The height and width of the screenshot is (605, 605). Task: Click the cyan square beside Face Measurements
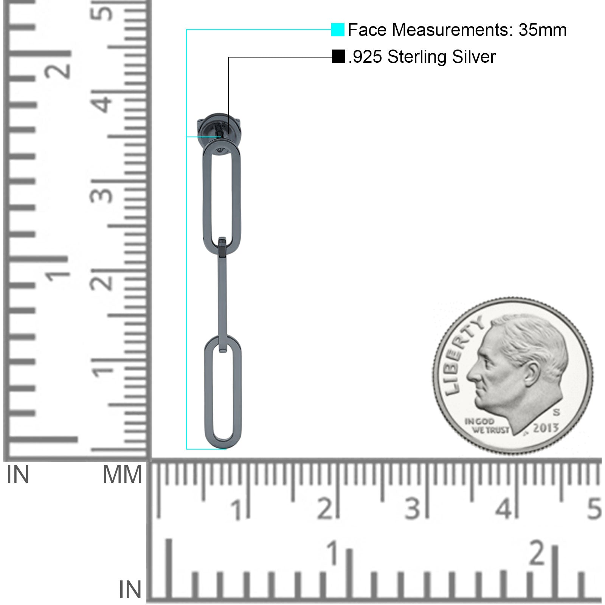click(338, 30)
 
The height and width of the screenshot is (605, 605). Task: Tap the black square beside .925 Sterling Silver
click(338, 57)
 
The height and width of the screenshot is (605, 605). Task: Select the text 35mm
click(542, 30)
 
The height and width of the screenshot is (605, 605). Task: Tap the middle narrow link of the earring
click(222, 295)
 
